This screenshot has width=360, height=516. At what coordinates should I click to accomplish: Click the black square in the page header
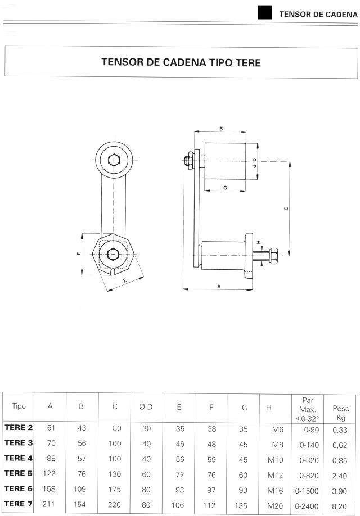265,12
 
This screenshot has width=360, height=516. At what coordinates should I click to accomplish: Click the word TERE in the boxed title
248,62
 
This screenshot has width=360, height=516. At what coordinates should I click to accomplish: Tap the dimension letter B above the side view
221,129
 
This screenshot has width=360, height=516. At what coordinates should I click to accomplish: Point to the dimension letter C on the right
286,209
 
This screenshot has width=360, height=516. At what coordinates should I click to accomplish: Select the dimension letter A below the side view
219,287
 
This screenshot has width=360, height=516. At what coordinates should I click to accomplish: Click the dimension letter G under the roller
226,188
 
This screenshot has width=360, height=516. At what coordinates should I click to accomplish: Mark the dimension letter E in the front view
125,280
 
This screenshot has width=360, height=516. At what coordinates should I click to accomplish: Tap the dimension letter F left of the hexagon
79,254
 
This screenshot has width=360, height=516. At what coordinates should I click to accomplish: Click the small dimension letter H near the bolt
259,242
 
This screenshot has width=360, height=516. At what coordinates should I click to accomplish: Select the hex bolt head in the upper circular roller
114,160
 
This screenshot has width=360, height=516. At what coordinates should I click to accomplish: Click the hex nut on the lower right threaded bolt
274,256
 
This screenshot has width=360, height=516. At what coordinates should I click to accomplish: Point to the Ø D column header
146,407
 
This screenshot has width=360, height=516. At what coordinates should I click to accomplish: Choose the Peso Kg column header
341,413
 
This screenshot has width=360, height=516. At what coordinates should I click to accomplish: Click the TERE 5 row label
19,473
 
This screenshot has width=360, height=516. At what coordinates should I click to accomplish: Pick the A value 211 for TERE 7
48,504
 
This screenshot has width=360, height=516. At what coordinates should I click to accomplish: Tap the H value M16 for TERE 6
275,491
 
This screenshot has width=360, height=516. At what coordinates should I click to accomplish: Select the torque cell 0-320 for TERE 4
309,460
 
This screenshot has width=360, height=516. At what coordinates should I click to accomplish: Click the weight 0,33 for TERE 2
340,430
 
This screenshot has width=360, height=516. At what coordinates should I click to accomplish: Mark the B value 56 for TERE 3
82,443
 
